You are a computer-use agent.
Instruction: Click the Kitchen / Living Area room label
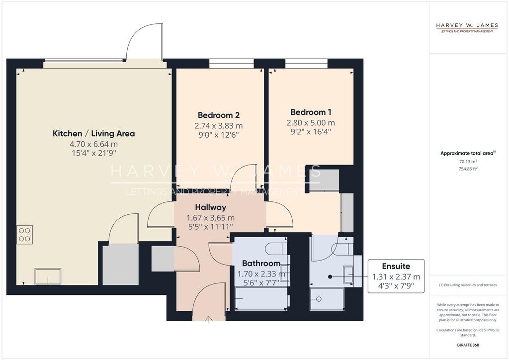93,133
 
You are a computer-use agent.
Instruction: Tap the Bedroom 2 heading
219,115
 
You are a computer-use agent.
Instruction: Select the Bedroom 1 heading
311,112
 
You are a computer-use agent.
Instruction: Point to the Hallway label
210,207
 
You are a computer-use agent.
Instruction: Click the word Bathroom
261,263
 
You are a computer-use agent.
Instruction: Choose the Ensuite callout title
396,266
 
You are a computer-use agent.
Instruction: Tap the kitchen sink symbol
48,276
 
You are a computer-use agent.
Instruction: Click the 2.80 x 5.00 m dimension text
311,123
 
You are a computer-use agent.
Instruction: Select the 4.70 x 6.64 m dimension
93,144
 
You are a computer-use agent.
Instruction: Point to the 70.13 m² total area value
468,162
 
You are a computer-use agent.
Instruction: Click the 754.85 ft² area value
468,169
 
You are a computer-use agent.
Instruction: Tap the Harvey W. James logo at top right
466,27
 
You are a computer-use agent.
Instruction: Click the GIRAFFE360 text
468,345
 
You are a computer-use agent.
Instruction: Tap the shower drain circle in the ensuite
319,299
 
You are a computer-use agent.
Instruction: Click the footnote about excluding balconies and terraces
468,285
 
